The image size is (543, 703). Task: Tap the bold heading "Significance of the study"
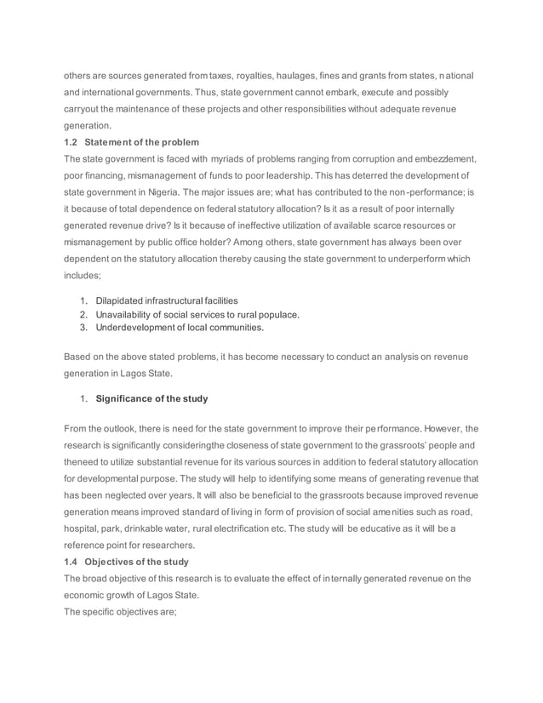point(151,398)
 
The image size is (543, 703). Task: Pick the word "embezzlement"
point(442,158)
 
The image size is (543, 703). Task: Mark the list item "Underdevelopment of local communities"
point(180,327)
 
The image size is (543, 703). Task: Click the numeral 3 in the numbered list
point(83,327)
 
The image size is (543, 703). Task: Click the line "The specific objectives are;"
point(120,611)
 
